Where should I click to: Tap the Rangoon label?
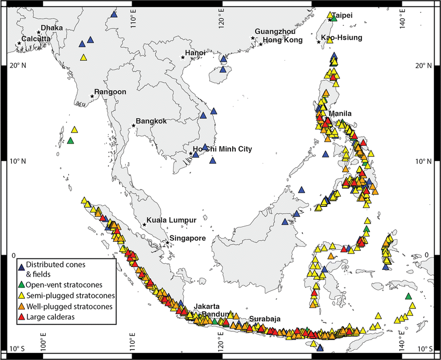[110, 92]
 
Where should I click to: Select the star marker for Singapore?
[168, 243]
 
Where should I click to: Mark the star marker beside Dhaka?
[39, 33]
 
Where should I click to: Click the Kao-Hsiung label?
[342, 38]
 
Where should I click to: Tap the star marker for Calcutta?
[20, 44]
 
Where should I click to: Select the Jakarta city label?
[207, 306]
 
